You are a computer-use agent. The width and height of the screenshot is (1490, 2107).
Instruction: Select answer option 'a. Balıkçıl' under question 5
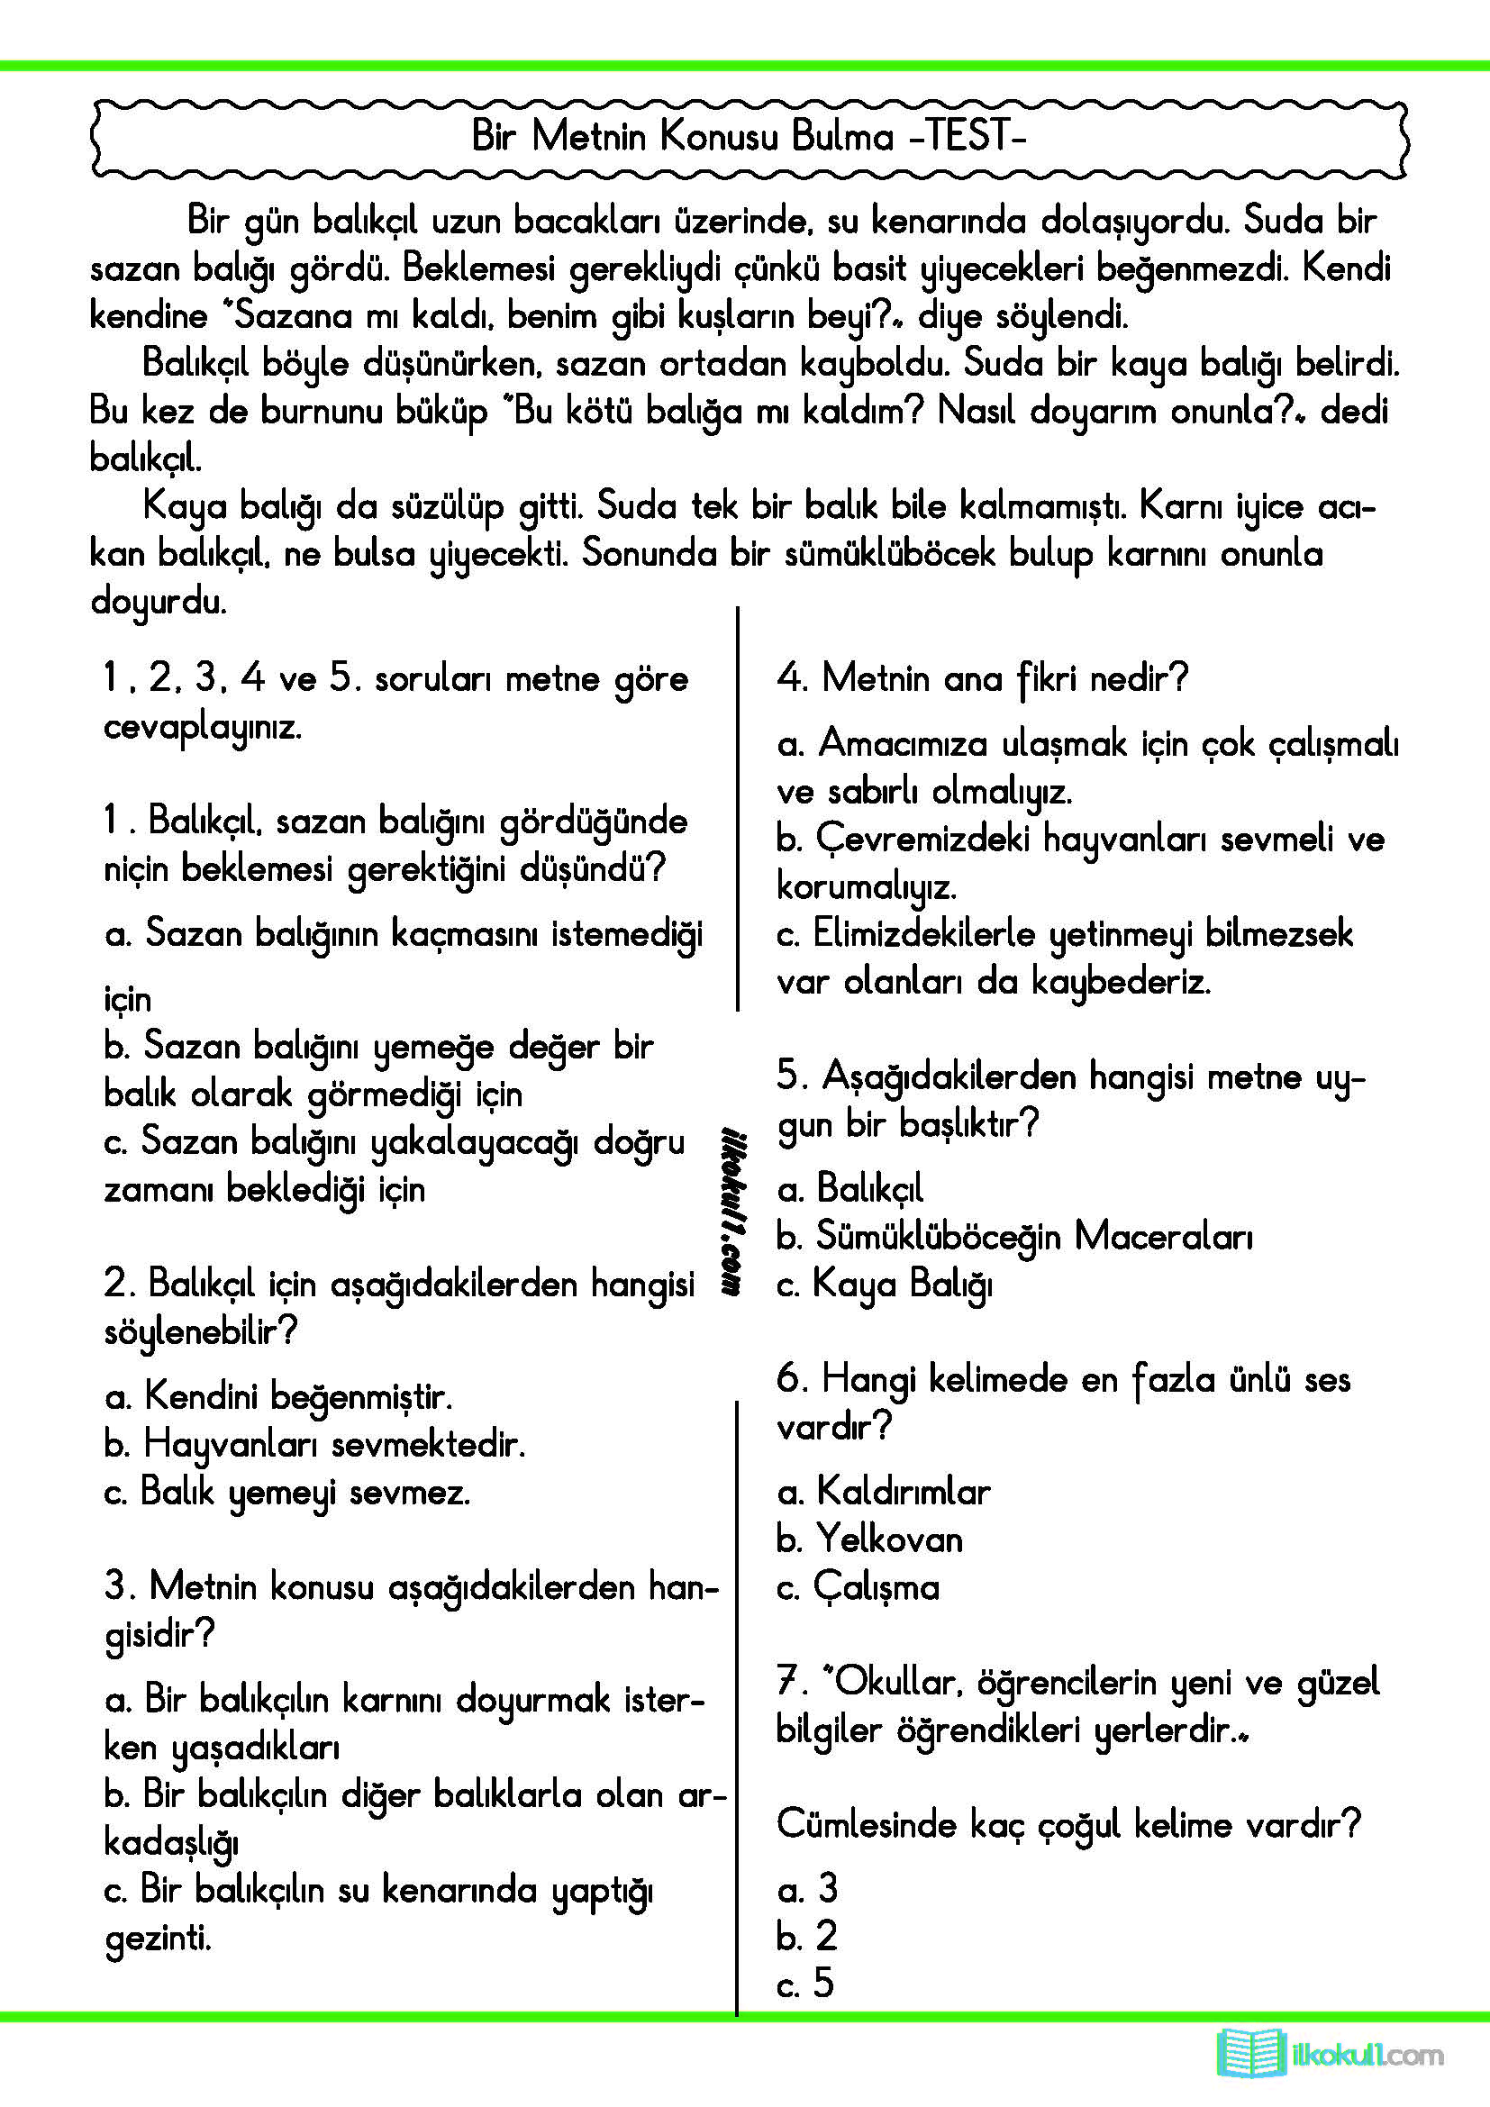point(850,1188)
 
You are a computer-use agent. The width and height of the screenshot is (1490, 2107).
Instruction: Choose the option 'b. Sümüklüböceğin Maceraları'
point(1013,1236)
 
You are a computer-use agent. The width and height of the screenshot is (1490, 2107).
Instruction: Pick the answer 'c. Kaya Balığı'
point(885,1284)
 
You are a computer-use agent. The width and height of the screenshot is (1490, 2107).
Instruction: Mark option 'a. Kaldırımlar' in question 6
point(884,1491)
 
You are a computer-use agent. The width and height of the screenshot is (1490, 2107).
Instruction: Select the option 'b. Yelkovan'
point(870,1539)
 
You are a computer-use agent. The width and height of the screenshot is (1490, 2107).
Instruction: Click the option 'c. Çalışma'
point(858,1587)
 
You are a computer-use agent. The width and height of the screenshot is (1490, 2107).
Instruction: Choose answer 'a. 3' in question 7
point(807,1889)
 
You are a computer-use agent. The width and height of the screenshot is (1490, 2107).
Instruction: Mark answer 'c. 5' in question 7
point(805,1983)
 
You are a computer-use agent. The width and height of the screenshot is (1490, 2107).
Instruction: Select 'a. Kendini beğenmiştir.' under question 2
point(279,1397)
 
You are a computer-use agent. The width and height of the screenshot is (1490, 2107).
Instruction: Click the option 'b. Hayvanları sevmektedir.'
point(314,1444)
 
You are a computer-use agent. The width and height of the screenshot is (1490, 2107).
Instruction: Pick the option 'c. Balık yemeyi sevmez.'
point(287,1492)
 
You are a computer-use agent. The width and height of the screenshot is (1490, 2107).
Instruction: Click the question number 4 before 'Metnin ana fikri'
point(789,678)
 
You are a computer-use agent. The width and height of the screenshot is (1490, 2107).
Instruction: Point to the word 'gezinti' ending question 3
point(158,1939)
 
